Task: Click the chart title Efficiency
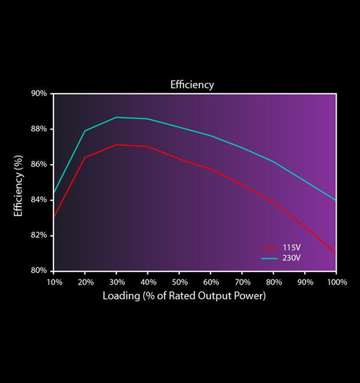(x=192, y=85)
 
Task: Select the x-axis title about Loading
(x=184, y=296)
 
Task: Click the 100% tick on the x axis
(x=336, y=282)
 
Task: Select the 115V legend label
(x=291, y=248)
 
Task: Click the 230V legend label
(x=291, y=258)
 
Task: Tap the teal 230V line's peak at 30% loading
(x=116, y=117)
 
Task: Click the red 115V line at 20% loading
(x=85, y=157)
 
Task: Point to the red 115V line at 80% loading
(x=273, y=202)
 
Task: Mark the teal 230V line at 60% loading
(x=211, y=136)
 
